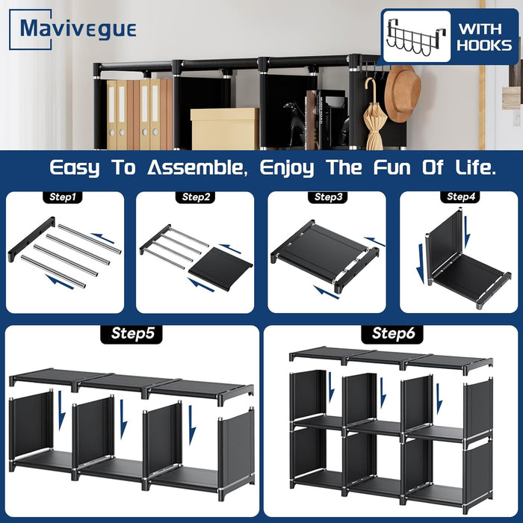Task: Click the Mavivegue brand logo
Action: (72, 29)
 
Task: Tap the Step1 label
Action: (62, 197)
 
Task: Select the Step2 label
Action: (196, 197)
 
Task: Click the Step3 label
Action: (328, 197)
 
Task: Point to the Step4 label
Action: (460, 196)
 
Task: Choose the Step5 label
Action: (131, 333)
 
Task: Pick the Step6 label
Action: (392, 333)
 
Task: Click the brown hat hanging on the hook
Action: (402, 93)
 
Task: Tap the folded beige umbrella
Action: (374, 115)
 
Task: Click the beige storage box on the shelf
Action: (225, 129)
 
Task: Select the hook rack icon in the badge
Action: (417, 37)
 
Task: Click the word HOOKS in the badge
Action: (484, 46)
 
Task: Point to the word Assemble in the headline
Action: (197, 167)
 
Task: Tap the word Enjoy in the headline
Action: (287, 168)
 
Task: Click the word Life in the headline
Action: (475, 167)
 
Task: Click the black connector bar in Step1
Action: (31, 239)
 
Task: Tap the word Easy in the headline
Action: (75, 168)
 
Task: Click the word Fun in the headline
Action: (392, 167)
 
